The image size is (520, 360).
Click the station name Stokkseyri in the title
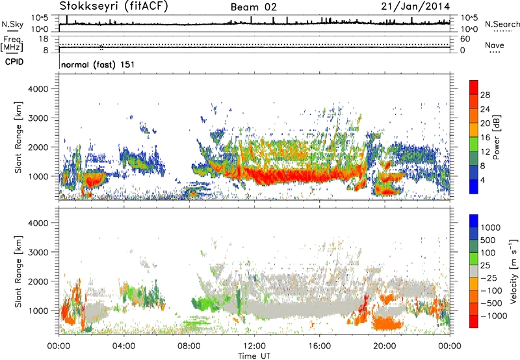(86, 6)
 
